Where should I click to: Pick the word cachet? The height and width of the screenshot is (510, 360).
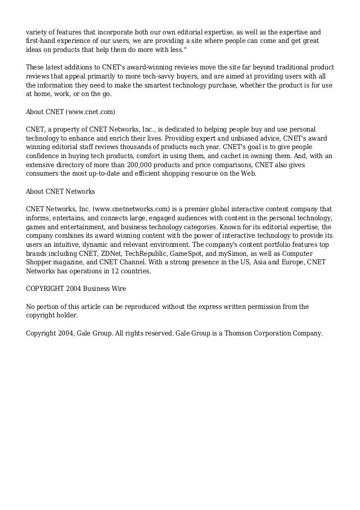coord(244,155)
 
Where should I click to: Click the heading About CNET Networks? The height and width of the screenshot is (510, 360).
coord(60,191)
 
